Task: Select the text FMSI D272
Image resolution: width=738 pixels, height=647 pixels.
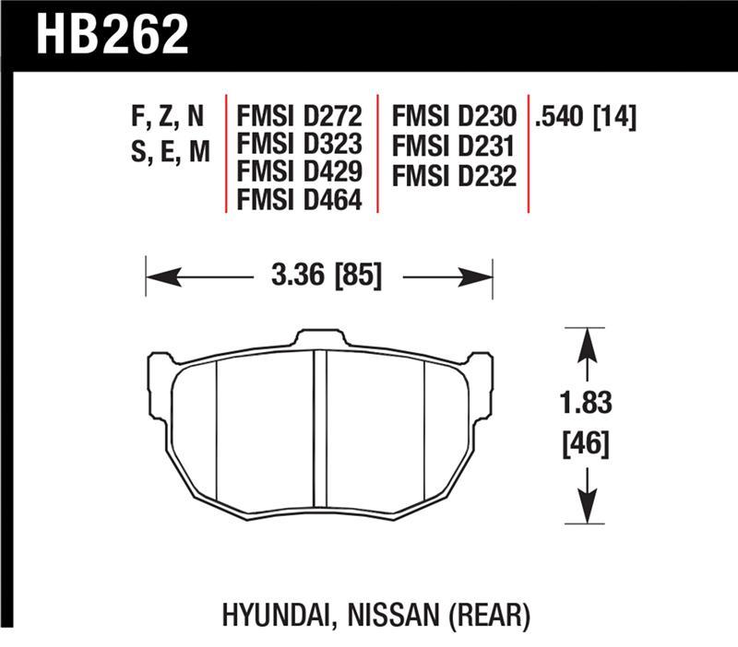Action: point(300,117)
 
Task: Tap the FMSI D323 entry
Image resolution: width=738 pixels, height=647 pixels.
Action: point(300,145)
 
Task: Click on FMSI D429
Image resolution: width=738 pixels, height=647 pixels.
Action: point(300,171)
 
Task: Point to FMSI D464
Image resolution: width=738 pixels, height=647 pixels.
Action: point(300,198)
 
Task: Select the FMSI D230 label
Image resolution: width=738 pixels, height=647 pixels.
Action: point(453,117)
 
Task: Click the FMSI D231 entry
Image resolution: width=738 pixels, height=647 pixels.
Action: point(453,145)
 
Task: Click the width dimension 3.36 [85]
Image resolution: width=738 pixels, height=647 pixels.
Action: point(319,276)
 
